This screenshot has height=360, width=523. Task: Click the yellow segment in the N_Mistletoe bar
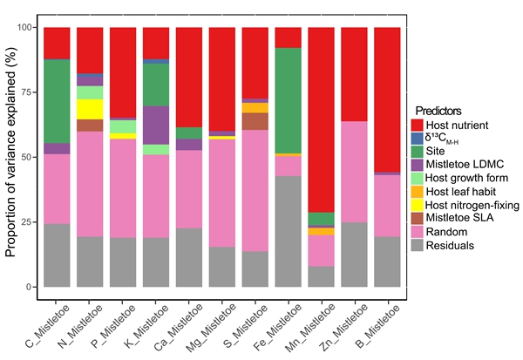click(90, 109)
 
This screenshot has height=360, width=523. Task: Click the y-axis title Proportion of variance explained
click(11, 157)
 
